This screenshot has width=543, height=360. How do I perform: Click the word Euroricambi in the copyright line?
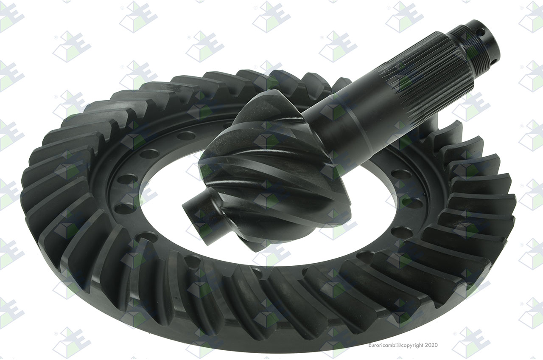[382, 345]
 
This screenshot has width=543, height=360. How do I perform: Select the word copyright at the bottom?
[412, 346]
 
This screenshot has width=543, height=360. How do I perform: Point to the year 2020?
[431, 345]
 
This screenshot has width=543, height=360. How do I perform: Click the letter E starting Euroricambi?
[370, 345]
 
